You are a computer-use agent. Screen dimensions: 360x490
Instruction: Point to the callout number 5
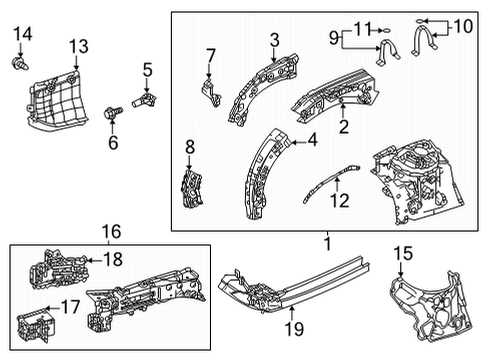[147, 69]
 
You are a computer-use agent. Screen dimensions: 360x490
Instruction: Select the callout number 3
[274, 39]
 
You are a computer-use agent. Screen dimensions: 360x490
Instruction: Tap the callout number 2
[343, 126]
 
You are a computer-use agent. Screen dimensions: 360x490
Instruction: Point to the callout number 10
[463, 26]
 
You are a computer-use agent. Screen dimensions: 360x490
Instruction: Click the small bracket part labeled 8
[190, 187]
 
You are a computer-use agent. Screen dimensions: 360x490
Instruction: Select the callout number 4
[313, 140]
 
